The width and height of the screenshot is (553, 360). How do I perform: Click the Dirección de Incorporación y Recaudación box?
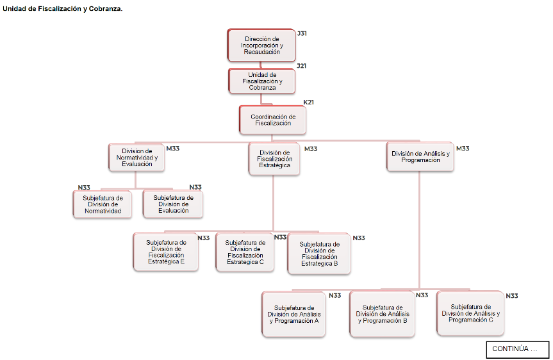click(x=261, y=45)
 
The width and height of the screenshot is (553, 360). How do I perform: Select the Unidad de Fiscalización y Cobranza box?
click(x=261, y=81)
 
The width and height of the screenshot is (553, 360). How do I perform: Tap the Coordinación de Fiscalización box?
click(x=273, y=120)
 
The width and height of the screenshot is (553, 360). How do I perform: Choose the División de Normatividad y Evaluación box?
click(x=136, y=157)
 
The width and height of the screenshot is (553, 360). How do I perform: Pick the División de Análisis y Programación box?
click(x=420, y=157)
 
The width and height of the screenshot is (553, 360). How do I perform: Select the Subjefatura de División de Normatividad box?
click(x=103, y=204)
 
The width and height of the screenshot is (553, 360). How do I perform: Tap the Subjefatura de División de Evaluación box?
click(x=173, y=204)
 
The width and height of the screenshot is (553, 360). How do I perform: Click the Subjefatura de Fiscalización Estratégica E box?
click(x=166, y=252)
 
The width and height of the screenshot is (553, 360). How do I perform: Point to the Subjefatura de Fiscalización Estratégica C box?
click(x=245, y=252)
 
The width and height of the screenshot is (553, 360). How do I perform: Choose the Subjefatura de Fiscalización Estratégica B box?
click(x=319, y=254)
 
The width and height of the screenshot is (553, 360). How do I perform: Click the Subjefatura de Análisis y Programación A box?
click(x=294, y=314)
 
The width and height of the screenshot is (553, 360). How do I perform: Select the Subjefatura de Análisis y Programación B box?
click(x=382, y=314)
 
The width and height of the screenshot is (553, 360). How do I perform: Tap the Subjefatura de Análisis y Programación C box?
click(x=470, y=313)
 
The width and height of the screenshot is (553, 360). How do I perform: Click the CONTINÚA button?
click(x=517, y=349)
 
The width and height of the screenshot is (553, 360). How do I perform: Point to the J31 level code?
click(x=302, y=33)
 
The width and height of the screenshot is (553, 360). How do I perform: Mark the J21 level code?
click(x=301, y=66)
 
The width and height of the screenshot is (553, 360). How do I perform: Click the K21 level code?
click(x=308, y=102)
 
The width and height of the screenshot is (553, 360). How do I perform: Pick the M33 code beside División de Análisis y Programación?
click(x=463, y=149)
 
